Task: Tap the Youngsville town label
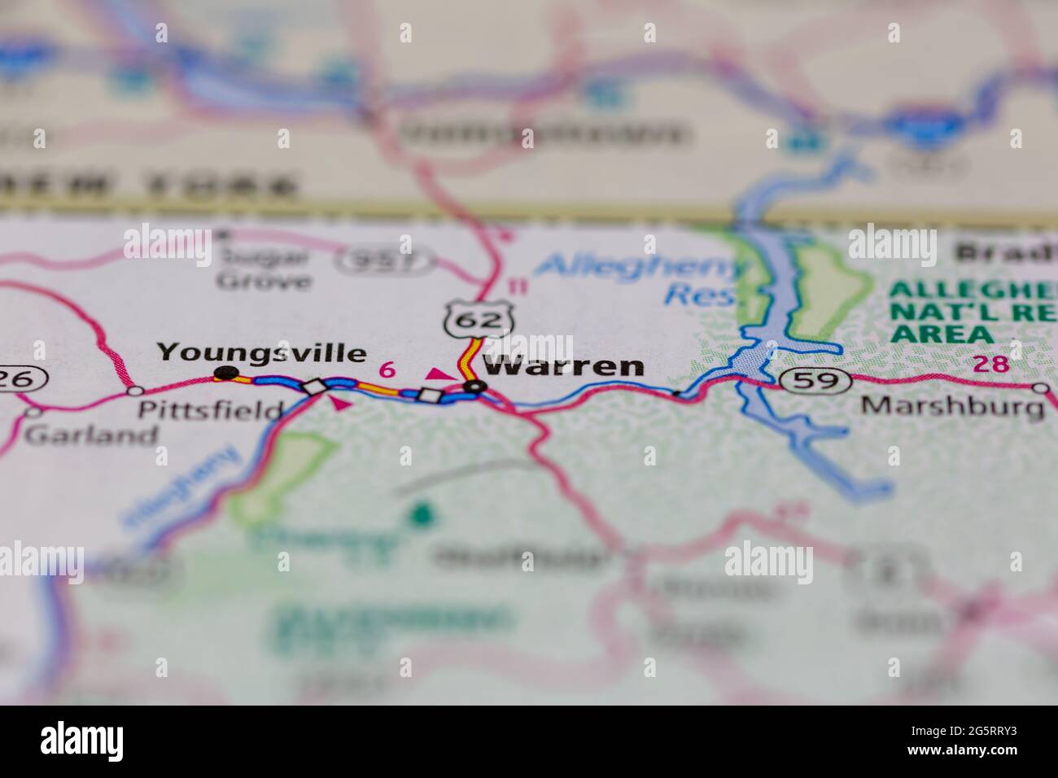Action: [261, 353]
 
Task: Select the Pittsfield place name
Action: [210, 409]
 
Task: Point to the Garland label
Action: [91, 435]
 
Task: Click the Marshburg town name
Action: [953, 405]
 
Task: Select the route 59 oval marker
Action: [815, 379]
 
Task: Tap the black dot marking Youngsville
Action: [224, 374]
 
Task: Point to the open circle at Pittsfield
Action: [136, 391]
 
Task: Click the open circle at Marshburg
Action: [1040, 388]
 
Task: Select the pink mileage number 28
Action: [991, 364]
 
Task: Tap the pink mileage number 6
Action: [388, 369]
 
